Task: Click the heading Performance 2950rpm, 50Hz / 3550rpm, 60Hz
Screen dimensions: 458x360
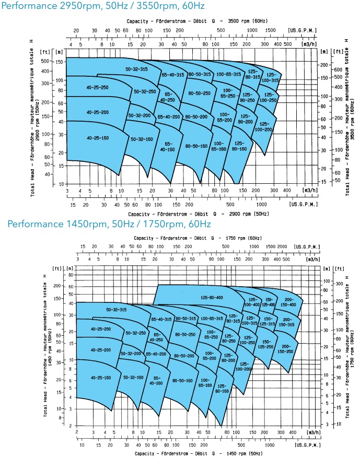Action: tap(103, 6)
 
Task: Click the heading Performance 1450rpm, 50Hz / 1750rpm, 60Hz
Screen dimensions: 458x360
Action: tap(109, 224)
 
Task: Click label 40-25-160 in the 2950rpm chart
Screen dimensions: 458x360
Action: tap(98, 137)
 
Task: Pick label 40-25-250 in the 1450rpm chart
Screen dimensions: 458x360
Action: tap(100, 329)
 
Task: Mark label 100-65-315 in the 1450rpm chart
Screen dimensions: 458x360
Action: tap(212, 318)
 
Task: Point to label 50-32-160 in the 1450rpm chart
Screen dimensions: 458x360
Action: tap(133, 376)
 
